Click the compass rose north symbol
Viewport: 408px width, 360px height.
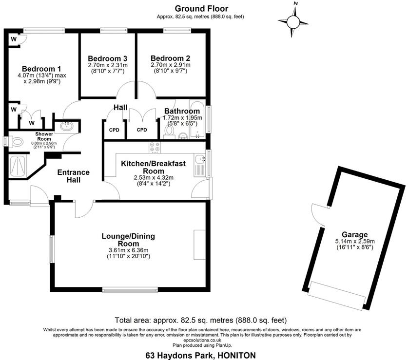(293, 21)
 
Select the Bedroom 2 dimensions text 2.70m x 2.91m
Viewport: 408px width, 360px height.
(170, 65)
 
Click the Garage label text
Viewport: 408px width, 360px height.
(354, 234)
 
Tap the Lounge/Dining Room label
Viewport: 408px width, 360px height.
(128, 240)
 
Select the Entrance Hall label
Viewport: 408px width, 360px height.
(73, 176)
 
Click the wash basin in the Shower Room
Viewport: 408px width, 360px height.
(65, 127)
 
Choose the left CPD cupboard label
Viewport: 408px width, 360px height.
(114, 130)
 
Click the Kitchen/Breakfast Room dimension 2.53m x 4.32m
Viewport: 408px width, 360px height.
(154, 178)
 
